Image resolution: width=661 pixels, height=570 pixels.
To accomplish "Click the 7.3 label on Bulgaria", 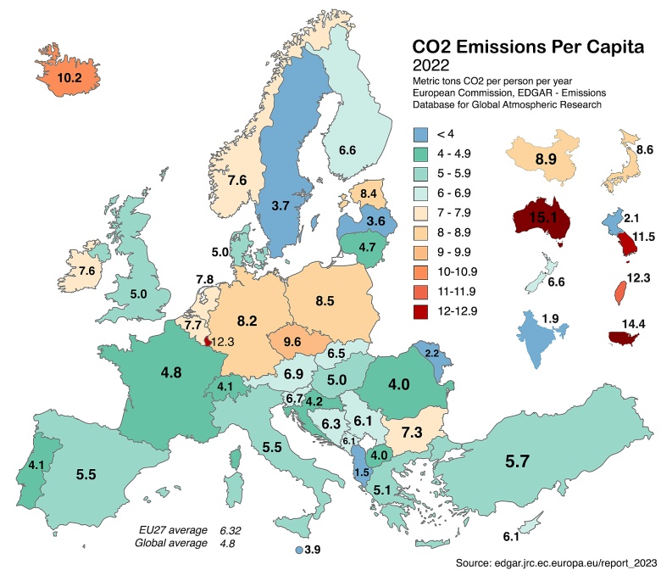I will tap(412, 432).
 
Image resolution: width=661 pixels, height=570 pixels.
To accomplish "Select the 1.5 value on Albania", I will tap(361, 472).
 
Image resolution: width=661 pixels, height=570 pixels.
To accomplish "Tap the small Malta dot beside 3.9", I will tap(299, 550).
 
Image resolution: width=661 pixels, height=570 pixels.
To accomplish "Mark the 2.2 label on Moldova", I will tap(431, 352).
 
